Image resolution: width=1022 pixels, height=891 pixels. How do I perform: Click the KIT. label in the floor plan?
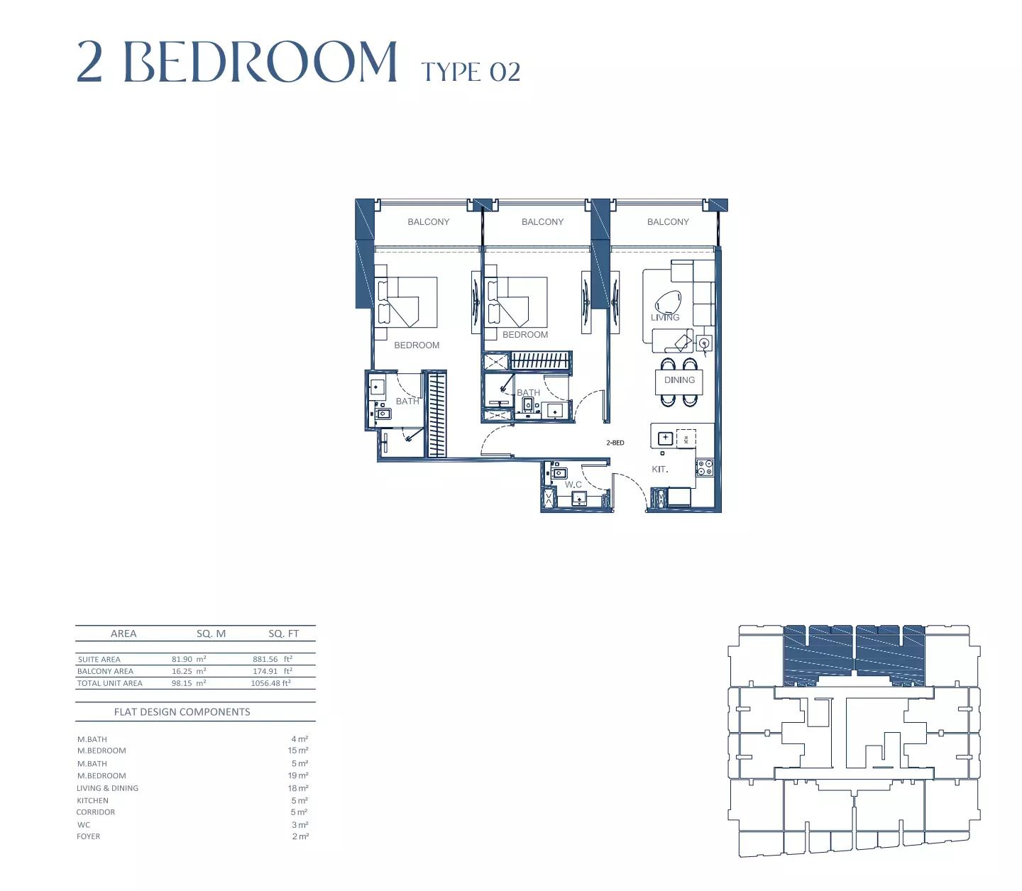pyautogui.click(x=659, y=469)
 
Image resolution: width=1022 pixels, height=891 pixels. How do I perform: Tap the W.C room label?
pyautogui.click(x=573, y=485)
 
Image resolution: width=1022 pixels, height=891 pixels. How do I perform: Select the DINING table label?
pyautogui.click(x=679, y=380)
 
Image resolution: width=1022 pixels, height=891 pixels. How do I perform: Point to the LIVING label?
pyautogui.click(x=665, y=318)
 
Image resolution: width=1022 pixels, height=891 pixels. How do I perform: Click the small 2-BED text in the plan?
pyautogui.click(x=615, y=443)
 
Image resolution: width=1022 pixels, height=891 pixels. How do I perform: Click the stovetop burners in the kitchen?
pyautogui.click(x=704, y=467)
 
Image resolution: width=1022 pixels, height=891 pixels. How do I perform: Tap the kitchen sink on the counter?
pyautogui.click(x=665, y=438)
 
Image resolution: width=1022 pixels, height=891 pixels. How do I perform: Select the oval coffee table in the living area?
pyautogui.click(x=667, y=302)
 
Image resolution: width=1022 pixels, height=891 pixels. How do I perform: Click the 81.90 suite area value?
pyautogui.click(x=182, y=659)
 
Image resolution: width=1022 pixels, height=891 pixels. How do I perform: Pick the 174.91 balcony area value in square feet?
pyautogui.click(x=265, y=671)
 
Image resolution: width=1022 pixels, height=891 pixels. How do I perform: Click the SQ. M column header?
pyautogui.click(x=211, y=634)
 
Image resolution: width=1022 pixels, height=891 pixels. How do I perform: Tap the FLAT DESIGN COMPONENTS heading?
pyautogui.click(x=182, y=712)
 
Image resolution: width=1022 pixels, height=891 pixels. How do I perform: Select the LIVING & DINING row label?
pyautogui.click(x=107, y=788)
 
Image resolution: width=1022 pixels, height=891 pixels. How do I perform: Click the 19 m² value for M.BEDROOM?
pyautogui.click(x=298, y=775)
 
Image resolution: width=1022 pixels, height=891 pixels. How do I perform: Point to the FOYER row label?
pyautogui.click(x=89, y=836)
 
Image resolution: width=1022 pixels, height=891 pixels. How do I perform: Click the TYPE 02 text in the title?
pyautogui.click(x=471, y=72)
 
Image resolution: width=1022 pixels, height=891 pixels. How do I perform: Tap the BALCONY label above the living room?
pyautogui.click(x=668, y=221)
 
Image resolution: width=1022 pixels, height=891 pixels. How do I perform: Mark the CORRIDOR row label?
pyautogui.click(x=95, y=812)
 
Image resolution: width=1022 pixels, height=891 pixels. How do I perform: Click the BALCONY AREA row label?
pyautogui.click(x=105, y=671)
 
